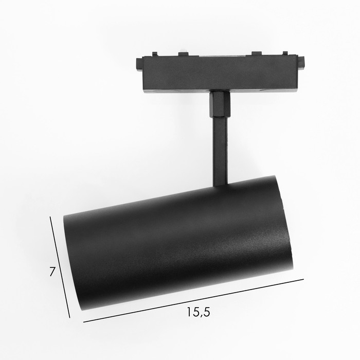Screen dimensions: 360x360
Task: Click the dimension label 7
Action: (52, 272)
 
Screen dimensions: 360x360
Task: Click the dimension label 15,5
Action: (199, 312)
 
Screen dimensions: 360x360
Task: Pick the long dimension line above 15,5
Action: (193, 301)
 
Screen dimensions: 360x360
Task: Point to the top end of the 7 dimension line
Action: (50, 217)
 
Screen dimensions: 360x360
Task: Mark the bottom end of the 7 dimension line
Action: (70, 318)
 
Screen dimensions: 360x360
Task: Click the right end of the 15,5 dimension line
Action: (303, 279)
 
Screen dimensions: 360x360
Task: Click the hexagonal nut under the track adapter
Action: (220, 104)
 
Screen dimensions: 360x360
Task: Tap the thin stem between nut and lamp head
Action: (220, 152)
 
